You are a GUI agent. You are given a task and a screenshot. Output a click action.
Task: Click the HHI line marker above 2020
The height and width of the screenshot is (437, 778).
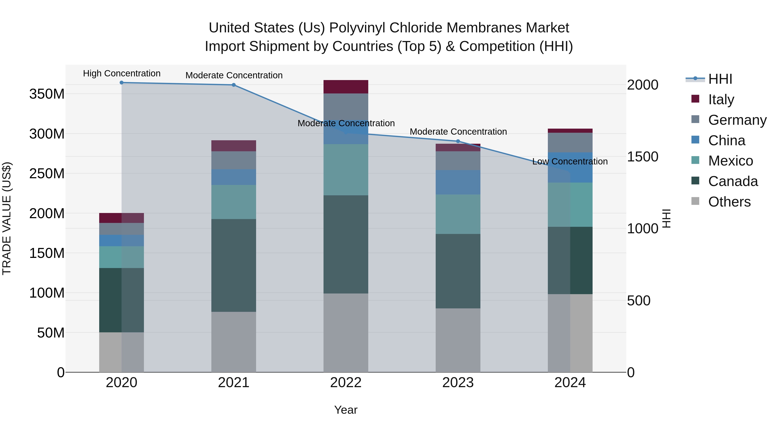coord(121,83)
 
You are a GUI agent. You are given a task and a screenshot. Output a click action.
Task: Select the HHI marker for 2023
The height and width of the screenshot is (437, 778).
coord(458,141)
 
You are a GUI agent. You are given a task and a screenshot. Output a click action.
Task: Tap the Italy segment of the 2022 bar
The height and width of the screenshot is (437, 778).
coord(346,87)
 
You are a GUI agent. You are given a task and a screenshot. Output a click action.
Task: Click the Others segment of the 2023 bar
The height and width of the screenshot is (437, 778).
coord(458,340)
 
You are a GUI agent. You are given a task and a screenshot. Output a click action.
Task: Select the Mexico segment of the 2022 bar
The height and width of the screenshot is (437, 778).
coord(346,170)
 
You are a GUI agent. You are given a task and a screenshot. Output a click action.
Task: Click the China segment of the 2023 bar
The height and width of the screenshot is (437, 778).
coord(458,182)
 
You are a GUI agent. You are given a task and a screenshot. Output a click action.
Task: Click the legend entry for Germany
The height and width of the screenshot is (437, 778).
coord(737,120)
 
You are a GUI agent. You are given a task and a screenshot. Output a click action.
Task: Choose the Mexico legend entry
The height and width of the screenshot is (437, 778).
coord(730,161)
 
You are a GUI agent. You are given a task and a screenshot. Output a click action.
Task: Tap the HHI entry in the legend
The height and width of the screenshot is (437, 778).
coord(720,79)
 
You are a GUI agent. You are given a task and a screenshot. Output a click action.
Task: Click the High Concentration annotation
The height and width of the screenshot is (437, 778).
coord(122,74)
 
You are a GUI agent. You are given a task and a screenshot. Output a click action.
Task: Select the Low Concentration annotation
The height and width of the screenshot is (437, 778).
coord(570,162)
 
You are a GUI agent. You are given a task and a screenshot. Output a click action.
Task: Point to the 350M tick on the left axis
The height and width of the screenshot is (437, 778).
coord(47,94)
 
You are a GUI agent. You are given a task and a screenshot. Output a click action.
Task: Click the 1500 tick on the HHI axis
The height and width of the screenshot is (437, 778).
coord(642,156)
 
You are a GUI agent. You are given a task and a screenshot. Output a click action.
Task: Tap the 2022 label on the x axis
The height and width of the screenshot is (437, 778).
coord(346,383)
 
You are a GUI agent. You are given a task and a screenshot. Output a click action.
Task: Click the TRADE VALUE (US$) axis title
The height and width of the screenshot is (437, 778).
coord(7,218)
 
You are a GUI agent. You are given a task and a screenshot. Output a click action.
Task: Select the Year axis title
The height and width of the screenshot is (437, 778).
coord(346,410)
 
